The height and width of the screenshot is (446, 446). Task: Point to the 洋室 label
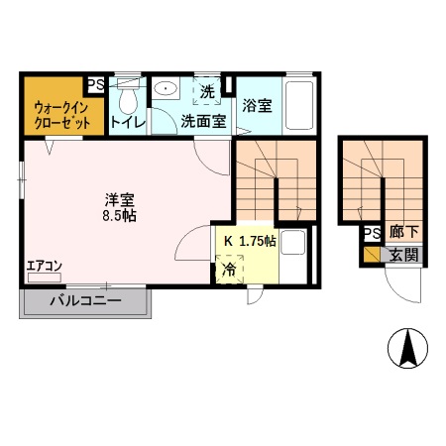(x=122, y=196)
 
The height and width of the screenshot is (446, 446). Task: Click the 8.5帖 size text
(x=123, y=214)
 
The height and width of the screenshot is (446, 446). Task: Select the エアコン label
(x=45, y=265)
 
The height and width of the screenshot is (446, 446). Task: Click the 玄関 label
(x=402, y=255)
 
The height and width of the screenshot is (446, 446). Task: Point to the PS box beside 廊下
(x=371, y=234)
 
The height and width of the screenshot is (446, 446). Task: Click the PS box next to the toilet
(x=98, y=85)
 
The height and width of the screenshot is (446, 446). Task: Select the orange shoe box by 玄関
(x=371, y=255)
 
